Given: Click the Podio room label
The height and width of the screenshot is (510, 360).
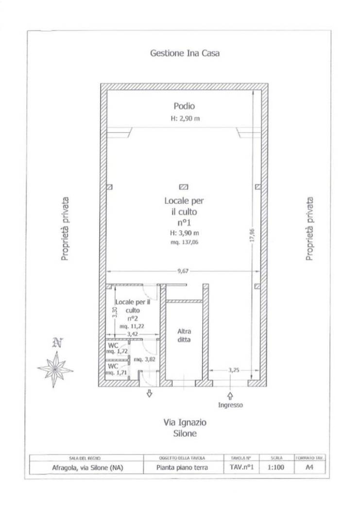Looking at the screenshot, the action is point(184,106).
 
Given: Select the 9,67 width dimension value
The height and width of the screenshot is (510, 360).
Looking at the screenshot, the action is point(183,271).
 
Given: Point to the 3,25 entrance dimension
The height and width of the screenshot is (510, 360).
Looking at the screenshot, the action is point(234,370).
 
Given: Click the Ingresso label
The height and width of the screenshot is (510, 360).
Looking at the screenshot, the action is point(230,405).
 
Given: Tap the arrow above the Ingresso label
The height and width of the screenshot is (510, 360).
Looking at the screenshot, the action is point(230,396).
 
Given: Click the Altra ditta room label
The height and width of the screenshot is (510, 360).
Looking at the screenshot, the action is point(184,335).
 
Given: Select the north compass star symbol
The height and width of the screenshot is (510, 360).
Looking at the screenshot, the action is point(55,370).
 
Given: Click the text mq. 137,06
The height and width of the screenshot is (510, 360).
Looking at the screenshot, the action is point(185,242).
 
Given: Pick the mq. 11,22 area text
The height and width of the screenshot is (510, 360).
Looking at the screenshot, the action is point(132,326).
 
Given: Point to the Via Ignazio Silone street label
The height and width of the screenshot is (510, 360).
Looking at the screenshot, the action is point(185,428).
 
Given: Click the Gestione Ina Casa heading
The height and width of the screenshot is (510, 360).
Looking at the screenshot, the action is point(185,53).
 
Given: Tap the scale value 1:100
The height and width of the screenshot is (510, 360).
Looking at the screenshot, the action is point(276,467).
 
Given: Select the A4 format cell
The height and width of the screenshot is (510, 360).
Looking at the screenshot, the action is point(309,467).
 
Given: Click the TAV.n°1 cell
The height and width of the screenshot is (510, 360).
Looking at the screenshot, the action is point(242,467).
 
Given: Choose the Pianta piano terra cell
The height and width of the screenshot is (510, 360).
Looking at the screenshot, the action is point(182,468).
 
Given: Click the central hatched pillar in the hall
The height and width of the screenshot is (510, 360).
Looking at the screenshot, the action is point(184,187).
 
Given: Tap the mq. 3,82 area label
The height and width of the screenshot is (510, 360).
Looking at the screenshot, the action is point(145,359).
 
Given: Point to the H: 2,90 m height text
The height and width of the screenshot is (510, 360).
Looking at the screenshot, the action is point(186,119).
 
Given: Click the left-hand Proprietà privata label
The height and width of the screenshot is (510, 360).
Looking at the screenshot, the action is point(65,228).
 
